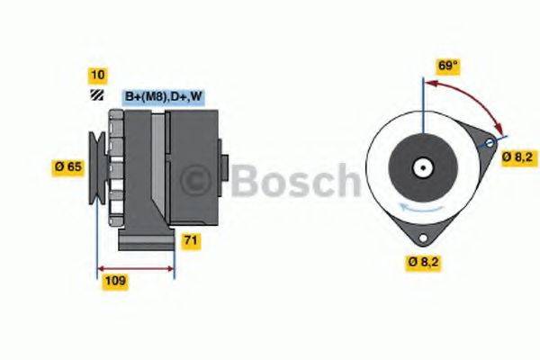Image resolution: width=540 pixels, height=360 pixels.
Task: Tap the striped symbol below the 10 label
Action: pyautogui.click(x=96, y=94)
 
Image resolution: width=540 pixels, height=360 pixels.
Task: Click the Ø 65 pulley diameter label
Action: pyautogui.click(x=68, y=166)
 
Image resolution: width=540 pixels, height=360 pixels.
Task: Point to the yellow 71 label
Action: pyautogui.click(x=191, y=240)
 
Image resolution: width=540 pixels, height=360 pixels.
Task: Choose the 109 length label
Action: pyautogui.click(x=114, y=281)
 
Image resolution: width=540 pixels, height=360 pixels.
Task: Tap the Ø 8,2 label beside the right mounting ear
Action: pyautogui.click(x=518, y=157)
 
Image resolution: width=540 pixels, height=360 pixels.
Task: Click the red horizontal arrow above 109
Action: pyautogui.click(x=135, y=267)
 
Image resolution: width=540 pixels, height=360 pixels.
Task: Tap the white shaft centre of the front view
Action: pyautogui.click(x=421, y=166)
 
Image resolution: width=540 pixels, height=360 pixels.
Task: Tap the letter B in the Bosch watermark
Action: pyautogui.click(x=247, y=182)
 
